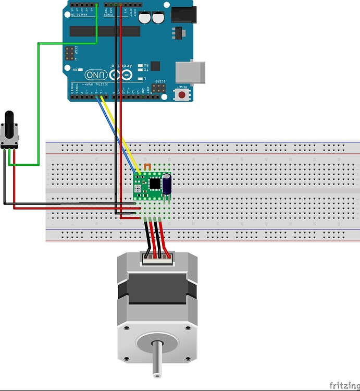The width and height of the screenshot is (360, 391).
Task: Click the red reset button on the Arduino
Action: coord(182,94)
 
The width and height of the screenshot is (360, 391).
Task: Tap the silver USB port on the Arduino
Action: coord(191,71)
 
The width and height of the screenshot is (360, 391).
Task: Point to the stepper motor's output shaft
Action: coord(156,360)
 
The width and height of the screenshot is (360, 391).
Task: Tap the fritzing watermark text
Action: coord(344,385)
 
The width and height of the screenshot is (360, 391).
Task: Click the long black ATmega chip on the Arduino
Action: coord(105,31)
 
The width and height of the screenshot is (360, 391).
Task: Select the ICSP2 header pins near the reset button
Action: coord(158,90)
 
